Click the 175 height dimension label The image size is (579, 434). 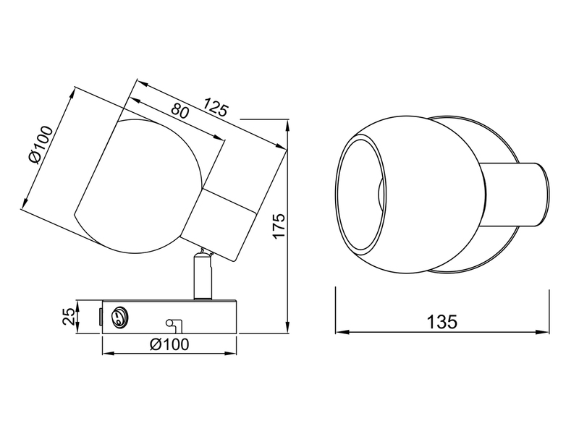(x=279, y=226)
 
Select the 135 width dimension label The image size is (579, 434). (x=442, y=322)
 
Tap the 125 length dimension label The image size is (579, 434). (x=216, y=107)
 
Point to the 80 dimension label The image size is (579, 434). (x=180, y=111)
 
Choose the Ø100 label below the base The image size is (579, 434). (x=169, y=344)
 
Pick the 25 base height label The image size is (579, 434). (x=69, y=317)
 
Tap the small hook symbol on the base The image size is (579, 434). (x=173, y=325)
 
